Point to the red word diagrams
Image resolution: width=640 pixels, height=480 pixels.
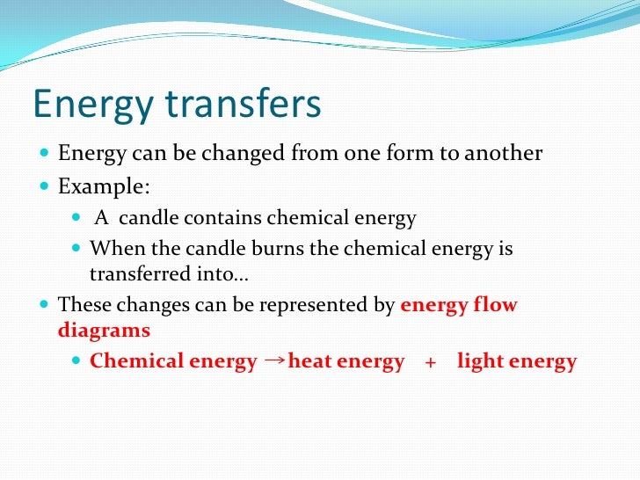coord(104,331)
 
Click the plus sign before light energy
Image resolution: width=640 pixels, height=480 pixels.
coord(430,362)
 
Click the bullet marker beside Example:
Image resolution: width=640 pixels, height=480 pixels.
coord(46,187)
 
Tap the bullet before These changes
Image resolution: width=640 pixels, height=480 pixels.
coord(46,307)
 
